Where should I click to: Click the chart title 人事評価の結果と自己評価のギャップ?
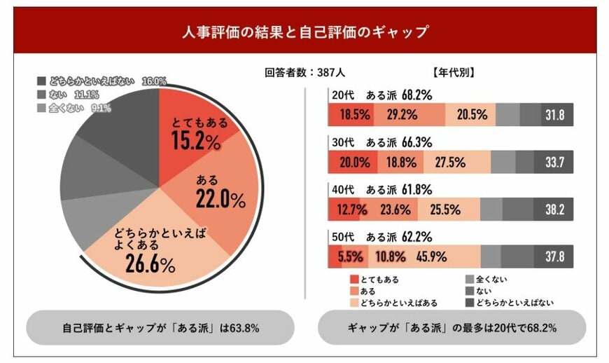pyautogui.click(x=304, y=32)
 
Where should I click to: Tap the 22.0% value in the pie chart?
pyautogui.click(x=220, y=200)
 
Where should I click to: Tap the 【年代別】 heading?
pyautogui.click(x=454, y=71)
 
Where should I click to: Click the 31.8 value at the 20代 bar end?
pyautogui.click(x=555, y=115)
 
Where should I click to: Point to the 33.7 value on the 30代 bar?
pyautogui.click(x=555, y=162)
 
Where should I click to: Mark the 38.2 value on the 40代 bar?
pyautogui.click(x=555, y=209)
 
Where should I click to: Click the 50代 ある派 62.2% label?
pyautogui.click(x=381, y=236)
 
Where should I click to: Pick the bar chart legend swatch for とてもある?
pyautogui.click(x=353, y=279)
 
